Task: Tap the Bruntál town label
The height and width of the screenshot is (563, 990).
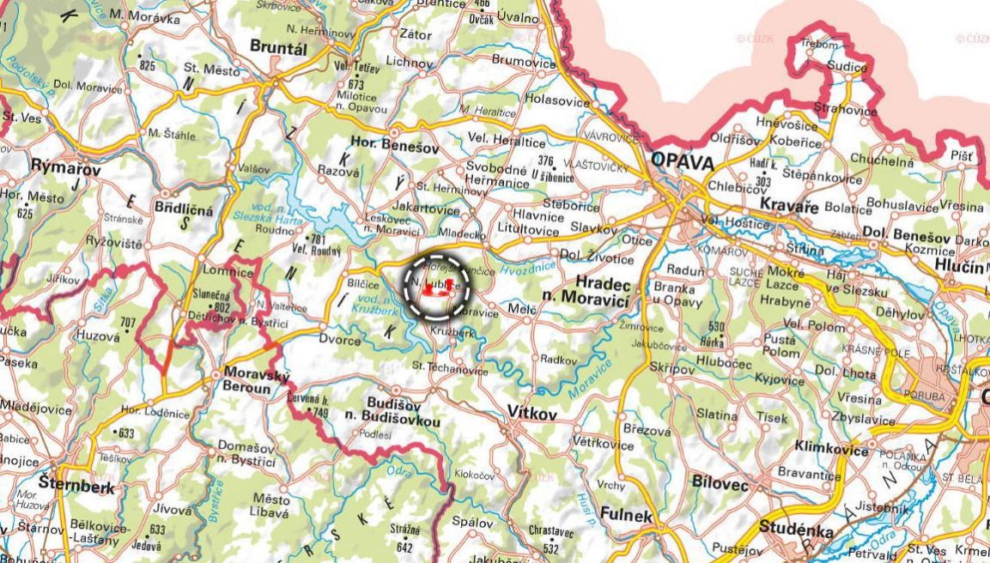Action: (277, 48)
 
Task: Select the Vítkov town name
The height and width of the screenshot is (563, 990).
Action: (532, 414)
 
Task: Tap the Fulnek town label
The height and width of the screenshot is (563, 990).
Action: (627, 516)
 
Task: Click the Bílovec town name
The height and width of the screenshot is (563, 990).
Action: (720, 484)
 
